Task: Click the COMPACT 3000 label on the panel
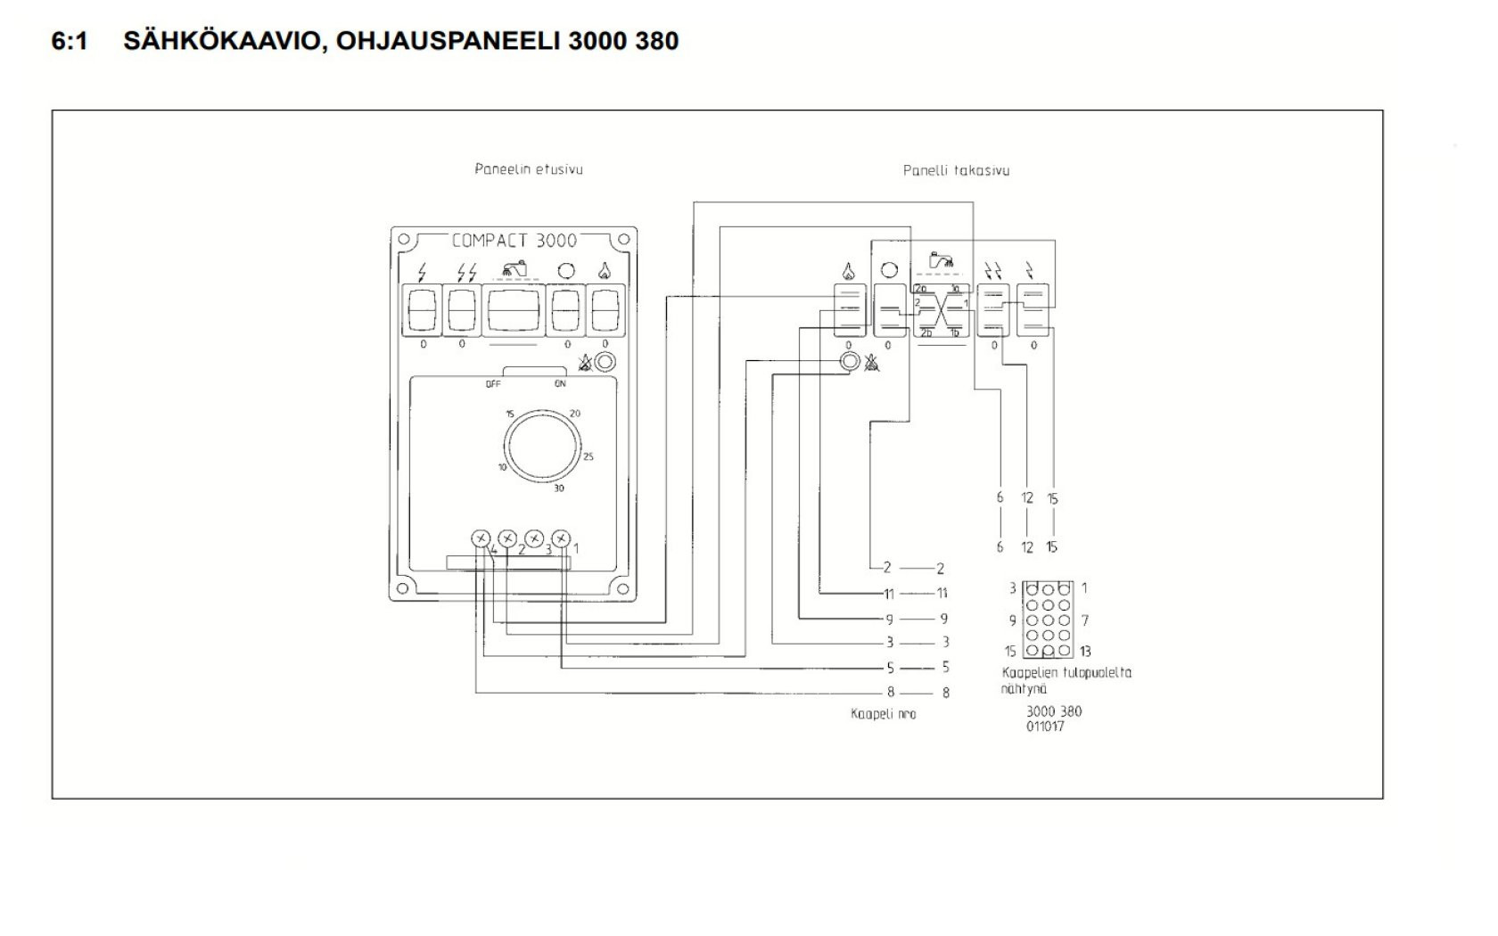(514, 241)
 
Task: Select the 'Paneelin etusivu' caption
(529, 169)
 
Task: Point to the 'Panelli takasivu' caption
(956, 170)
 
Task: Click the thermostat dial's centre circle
(542, 446)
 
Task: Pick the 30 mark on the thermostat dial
(559, 489)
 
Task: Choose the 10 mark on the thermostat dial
(502, 467)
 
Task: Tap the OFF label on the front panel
(493, 384)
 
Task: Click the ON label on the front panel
(560, 384)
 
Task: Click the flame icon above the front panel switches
(605, 270)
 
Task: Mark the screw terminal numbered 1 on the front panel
(561, 538)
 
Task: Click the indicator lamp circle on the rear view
(850, 361)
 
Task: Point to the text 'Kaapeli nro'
(883, 714)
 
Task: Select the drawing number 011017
(1045, 727)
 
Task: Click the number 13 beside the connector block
(1085, 652)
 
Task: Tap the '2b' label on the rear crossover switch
(922, 289)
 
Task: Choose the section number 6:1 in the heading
(70, 41)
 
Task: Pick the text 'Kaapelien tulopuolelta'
(1066, 673)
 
